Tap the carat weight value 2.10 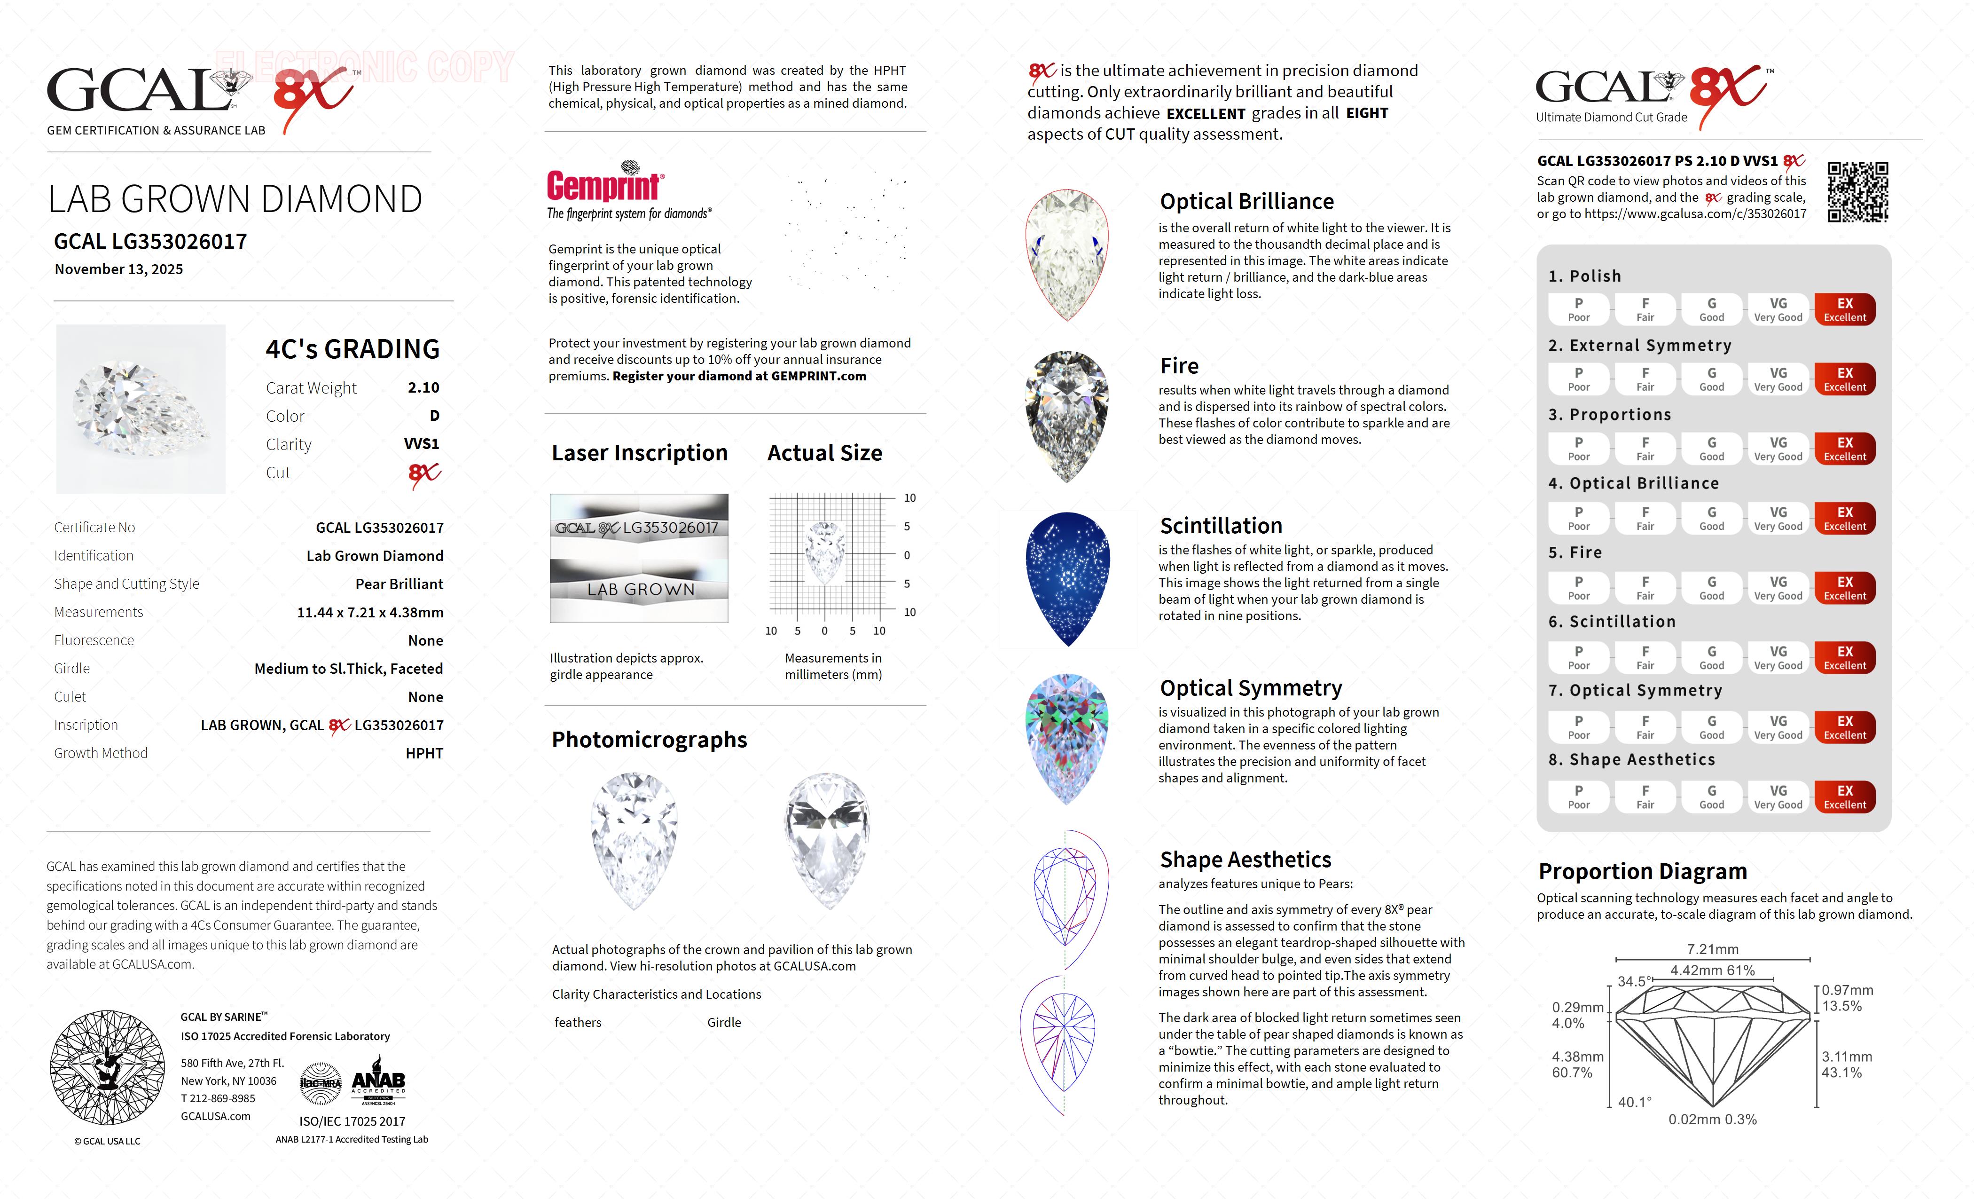pos(423,388)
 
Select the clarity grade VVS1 pos(422,444)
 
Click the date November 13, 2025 pos(118,269)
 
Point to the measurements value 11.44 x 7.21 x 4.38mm pos(370,612)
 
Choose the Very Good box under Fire pos(1778,587)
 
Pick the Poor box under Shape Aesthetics pos(1578,797)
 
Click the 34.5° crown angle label pos(1634,981)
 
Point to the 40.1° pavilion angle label pos(1634,1102)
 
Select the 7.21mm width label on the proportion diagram pos(1712,949)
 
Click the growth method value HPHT pos(424,753)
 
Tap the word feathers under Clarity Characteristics pos(578,1023)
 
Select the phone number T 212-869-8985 pos(218,1099)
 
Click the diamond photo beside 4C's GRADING pos(141,409)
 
